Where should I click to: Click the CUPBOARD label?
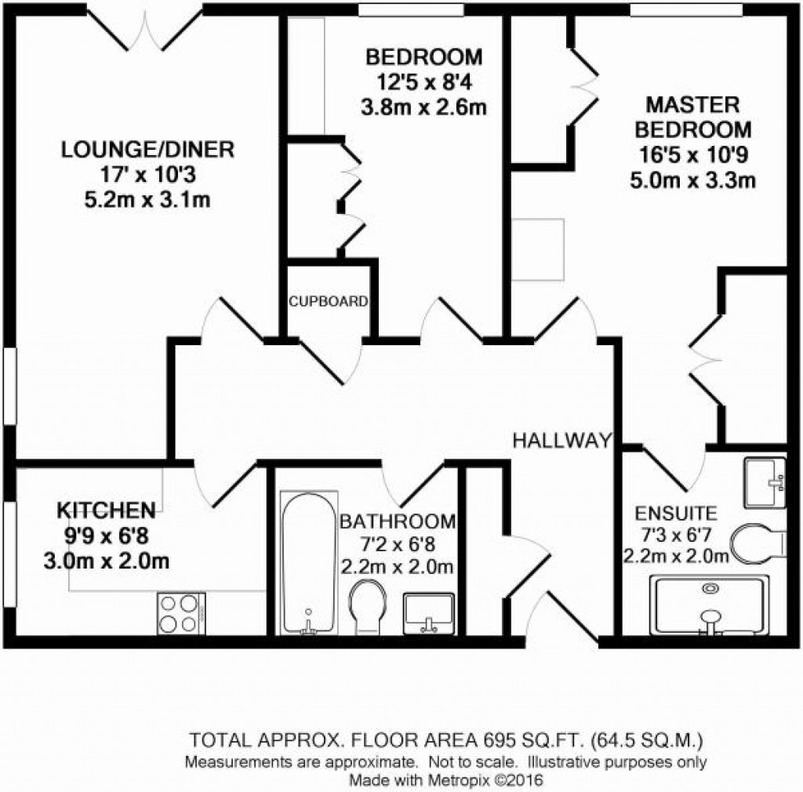point(328,301)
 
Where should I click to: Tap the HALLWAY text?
point(561,441)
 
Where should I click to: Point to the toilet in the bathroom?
point(367,605)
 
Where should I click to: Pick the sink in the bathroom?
point(428,612)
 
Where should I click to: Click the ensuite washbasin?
point(764,481)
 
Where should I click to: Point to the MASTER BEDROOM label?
point(692,117)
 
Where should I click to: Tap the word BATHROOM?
point(397,521)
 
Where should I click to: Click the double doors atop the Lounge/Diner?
point(146,28)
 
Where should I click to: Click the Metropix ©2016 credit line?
point(445,780)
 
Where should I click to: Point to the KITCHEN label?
point(106,510)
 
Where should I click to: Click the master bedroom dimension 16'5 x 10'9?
point(692,155)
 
